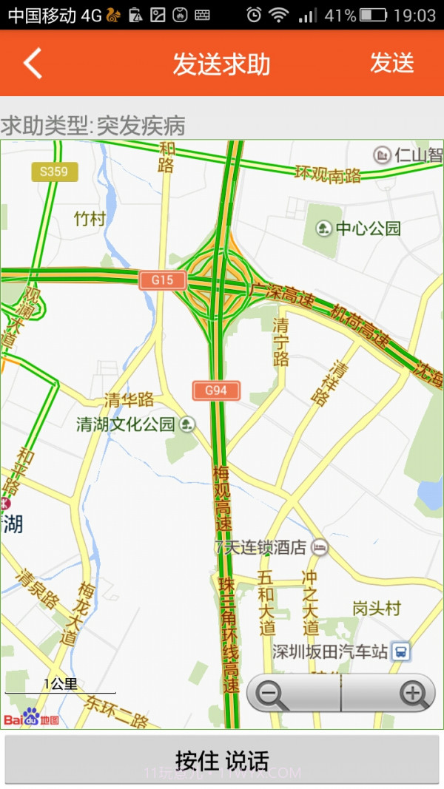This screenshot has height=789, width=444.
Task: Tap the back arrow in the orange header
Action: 33,64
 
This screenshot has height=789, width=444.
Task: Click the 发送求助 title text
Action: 221,64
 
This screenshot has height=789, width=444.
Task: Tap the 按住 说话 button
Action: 222,759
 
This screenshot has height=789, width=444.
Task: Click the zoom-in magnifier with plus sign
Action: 413,694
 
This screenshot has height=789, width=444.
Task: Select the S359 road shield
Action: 54,172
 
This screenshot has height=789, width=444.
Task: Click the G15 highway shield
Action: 162,280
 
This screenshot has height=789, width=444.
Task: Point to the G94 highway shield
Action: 216,390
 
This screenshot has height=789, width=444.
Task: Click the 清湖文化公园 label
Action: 126,424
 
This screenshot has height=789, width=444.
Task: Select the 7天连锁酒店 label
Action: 260,548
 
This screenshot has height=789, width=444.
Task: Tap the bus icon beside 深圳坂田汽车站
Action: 400,651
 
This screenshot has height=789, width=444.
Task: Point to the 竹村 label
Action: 90,219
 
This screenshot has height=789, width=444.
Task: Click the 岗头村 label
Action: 376,609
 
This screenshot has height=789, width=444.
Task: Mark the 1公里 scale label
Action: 61,684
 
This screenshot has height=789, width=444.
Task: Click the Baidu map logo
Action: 31,718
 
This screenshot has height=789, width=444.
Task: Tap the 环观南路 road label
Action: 328,175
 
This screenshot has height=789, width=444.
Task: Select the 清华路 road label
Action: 129,400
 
